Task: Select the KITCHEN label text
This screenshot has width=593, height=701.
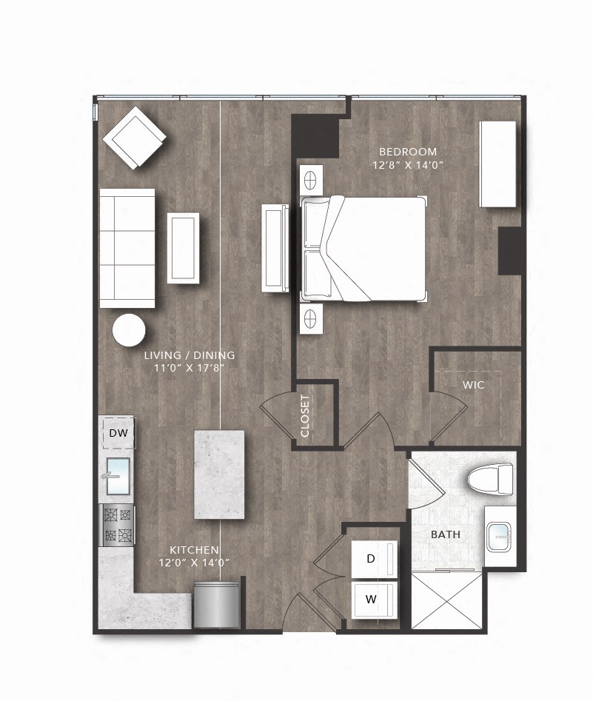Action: pyautogui.click(x=194, y=550)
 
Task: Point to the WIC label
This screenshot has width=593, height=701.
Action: pyautogui.click(x=473, y=385)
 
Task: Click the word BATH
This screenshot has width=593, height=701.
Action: pyautogui.click(x=446, y=534)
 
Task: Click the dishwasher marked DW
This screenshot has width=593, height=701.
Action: pyautogui.click(x=118, y=433)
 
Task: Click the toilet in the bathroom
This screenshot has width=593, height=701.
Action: pyautogui.click(x=492, y=478)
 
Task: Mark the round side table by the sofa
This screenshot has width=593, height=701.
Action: pyautogui.click(x=129, y=329)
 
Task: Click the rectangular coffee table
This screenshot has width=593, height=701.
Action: pyautogui.click(x=183, y=247)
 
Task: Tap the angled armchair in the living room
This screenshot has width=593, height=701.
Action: pyautogui.click(x=134, y=138)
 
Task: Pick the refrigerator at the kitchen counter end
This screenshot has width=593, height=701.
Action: pyautogui.click(x=217, y=606)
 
